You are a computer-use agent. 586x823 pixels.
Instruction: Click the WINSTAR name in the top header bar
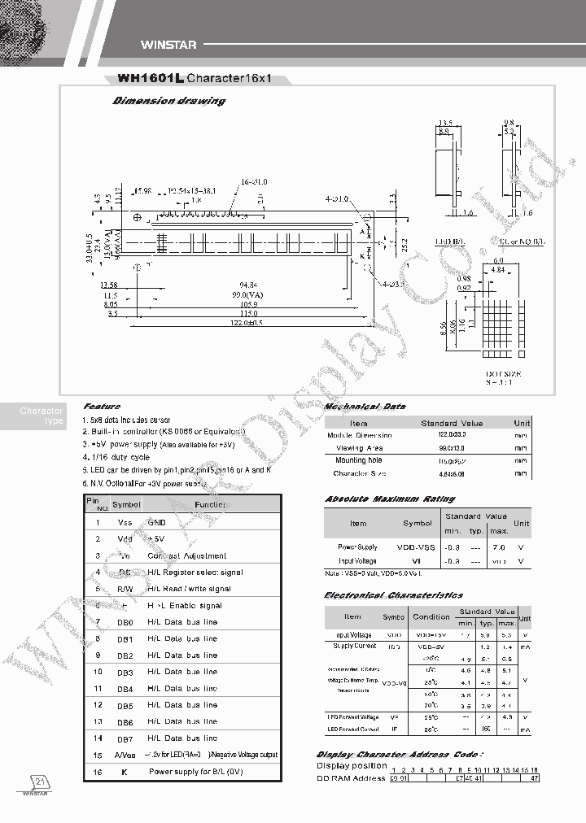(x=164, y=46)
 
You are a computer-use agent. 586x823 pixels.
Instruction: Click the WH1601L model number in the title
(x=151, y=79)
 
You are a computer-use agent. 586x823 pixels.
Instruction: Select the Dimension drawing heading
(x=168, y=102)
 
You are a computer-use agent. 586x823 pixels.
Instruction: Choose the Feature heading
(x=102, y=407)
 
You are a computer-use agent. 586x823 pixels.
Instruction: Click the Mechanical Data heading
(x=365, y=407)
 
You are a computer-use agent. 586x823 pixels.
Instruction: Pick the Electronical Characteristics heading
(x=393, y=595)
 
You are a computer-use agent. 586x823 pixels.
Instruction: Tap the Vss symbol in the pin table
(x=125, y=523)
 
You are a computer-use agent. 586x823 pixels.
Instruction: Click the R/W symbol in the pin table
(x=125, y=589)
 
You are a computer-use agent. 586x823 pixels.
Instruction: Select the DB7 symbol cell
(x=125, y=738)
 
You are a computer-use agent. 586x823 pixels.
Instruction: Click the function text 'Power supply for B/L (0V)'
(x=195, y=771)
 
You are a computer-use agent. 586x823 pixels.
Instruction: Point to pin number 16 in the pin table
(x=98, y=771)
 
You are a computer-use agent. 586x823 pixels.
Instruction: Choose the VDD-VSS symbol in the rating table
(x=416, y=547)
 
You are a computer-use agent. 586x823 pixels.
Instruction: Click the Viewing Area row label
(x=361, y=448)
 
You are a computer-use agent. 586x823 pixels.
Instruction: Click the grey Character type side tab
(x=42, y=416)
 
